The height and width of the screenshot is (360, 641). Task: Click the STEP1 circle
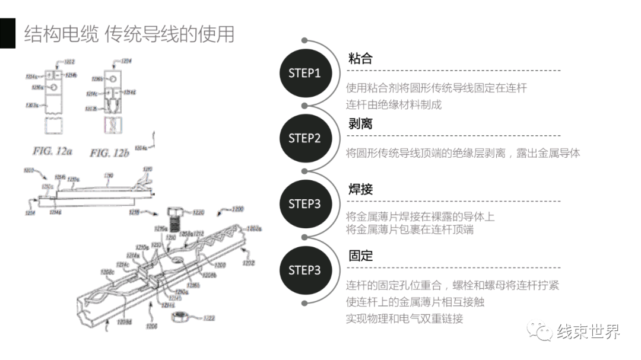coord(304,73)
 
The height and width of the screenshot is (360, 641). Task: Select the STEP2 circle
coord(304,138)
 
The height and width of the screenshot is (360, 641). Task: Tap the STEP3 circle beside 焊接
coord(304,204)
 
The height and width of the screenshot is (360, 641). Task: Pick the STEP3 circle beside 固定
coord(304,270)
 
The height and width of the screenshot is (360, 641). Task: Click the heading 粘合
coord(360,58)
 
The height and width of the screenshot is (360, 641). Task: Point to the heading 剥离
coord(360,124)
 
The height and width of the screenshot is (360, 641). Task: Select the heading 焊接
coord(360,190)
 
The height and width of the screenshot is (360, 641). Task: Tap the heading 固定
coord(360,256)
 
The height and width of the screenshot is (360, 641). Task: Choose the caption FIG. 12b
coord(109,153)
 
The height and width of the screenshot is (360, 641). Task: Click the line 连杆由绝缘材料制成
coord(394,104)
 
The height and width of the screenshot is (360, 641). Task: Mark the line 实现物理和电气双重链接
coord(404,318)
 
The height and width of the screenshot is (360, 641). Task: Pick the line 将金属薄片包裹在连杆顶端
coord(410,230)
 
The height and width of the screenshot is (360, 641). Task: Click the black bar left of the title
coord(7,33)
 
